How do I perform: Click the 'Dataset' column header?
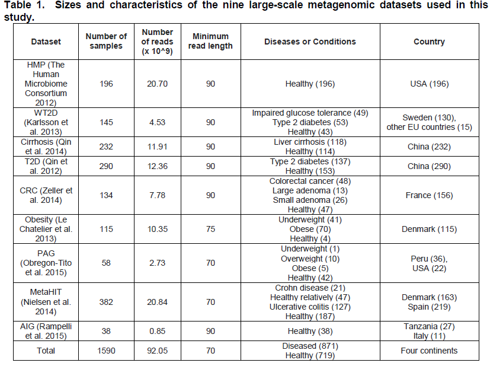click(x=46, y=42)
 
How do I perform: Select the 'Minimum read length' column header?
click(x=211, y=42)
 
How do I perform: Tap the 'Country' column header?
click(x=429, y=42)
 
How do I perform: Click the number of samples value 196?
click(x=107, y=84)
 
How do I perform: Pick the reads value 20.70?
click(x=158, y=84)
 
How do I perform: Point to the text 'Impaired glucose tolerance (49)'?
click(x=310, y=113)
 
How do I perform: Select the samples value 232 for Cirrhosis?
click(x=107, y=147)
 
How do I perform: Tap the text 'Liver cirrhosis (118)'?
click(x=310, y=142)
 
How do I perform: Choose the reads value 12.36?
click(x=158, y=166)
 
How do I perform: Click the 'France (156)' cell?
click(x=429, y=195)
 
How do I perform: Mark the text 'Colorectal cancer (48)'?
click(x=310, y=181)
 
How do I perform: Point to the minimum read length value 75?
click(x=211, y=229)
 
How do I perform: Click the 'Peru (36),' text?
click(x=429, y=258)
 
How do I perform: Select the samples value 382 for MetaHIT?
click(x=107, y=302)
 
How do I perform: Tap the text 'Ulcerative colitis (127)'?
click(x=310, y=307)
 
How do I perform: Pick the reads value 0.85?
click(x=158, y=331)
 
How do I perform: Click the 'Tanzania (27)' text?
click(x=429, y=326)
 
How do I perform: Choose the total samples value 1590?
click(x=107, y=351)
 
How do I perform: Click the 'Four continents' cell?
click(x=429, y=351)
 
